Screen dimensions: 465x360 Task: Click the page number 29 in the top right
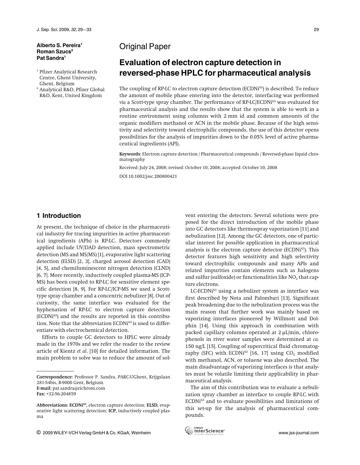pos(316,30)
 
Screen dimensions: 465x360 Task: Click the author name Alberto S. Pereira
pos(59,45)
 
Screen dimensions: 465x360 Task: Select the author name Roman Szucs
pos(54,52)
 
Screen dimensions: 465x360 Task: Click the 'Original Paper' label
pos(145,47)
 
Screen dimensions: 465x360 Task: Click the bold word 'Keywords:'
pos(130,154)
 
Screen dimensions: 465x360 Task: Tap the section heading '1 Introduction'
pos(59,216)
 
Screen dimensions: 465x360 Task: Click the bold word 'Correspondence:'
pos(55,377)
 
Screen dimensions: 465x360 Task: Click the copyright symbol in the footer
pos(39,433)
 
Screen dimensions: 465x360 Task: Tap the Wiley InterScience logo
pos(205,431)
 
